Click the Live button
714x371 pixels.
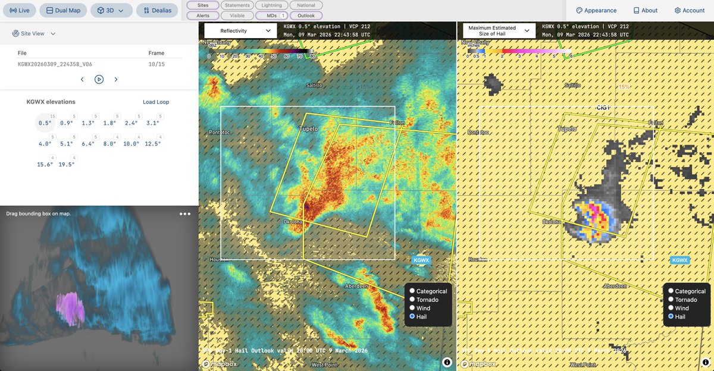tap(19, 10)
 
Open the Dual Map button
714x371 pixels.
tap(63, 10)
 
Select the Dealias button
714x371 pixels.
tap(157, 10)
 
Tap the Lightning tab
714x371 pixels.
tap(272, 5)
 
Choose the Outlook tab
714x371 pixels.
tap(306, 15)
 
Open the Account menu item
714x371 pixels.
tap(689, 10)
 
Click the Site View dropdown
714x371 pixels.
tap(34, 33)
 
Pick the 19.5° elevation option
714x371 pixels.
tap(67, 164)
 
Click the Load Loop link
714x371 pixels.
tap(156, 102)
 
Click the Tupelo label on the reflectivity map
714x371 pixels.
tap(308, 128)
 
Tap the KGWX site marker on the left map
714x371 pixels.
tap(421, 260)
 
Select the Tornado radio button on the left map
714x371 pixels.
tap(412, 300)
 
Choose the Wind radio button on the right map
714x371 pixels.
tap(671, 308)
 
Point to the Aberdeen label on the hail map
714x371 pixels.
tap(616, 286)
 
